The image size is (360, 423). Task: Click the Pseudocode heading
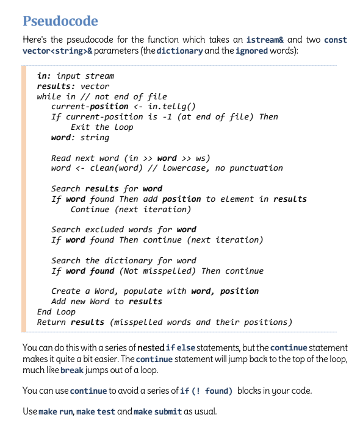tap(60, 21)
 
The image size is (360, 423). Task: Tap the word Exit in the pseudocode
tap(81, 127)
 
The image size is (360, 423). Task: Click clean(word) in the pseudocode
tap(113, 168)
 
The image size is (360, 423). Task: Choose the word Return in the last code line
tap(52, 322)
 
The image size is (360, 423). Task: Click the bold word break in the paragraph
tap(71, 370)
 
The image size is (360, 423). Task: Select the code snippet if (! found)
tap(205, 391)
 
